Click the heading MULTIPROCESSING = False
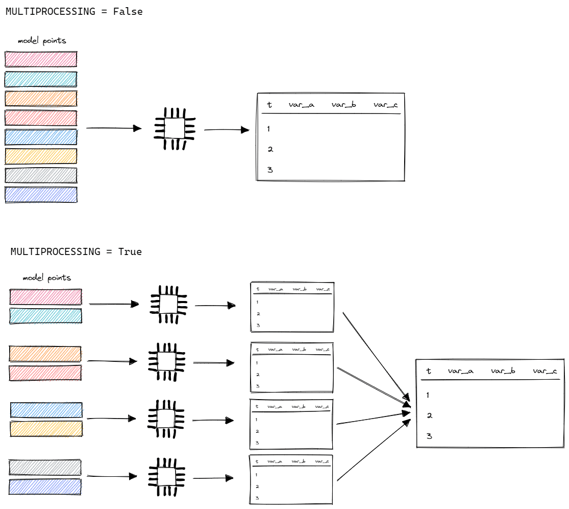click(74, 11)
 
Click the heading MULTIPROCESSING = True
click(76, 251)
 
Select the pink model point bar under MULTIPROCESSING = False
click(41, 59)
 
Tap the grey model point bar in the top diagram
click(41, 175)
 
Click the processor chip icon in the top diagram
click(175, 128)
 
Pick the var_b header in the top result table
click(343, 105)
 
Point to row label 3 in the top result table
click(270, 170)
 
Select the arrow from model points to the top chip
click(113, 128)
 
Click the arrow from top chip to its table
click(227, 130)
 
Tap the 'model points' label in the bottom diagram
click(46, 279)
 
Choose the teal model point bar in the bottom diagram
click(46, 316)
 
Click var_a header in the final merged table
click(460, 371)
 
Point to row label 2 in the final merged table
click(429, 415)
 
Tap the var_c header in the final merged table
click(545, 371)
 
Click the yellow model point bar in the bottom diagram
click(46, 428)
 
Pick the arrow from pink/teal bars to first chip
click(114, 304)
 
